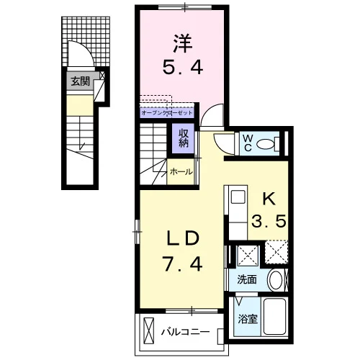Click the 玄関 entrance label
coord(80,81)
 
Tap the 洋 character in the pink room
coord(183,44)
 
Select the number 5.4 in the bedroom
coord(183,67)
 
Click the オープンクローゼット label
coord(167,113)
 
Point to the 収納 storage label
coord(184,138)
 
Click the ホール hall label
coord(181,172)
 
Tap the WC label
coord(248,143)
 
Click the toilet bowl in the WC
coord(265,144)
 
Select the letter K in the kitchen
coord(269,199)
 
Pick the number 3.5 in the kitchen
coord(269,221)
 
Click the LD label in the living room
coord(183,238)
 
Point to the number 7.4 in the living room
coord(183,264)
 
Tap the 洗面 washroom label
coord(247,280)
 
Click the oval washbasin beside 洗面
coord(276,280)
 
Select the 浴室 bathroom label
coord(248,319)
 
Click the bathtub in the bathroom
coord(275,317)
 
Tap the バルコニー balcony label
coord(185,332)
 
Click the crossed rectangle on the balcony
coord(148,330)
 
